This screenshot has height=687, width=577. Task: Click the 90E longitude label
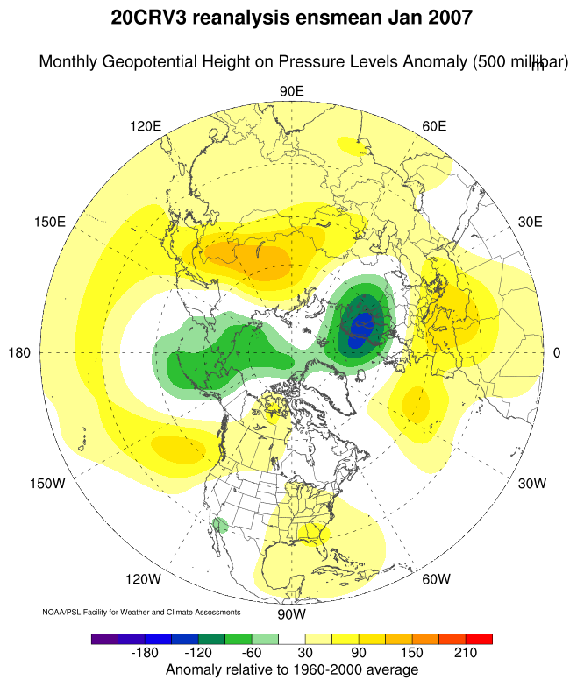(x=291, y=91)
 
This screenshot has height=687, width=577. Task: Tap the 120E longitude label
(x=146, y=126)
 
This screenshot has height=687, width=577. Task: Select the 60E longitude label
(x=434, y=126)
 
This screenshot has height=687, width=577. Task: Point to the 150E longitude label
(x=49, y=222)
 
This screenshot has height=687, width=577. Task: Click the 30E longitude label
(x=531, y=222)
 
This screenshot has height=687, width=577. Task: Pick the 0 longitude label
(x=557, y=352)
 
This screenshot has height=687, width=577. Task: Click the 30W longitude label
(x=531, y=483)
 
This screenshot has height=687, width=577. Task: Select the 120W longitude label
(x=143, y=579)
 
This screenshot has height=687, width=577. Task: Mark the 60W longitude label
(x=436, y=579)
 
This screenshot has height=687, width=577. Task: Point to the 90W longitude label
(x=291, y=613)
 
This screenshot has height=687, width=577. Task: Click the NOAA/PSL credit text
(x=141, y=611)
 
